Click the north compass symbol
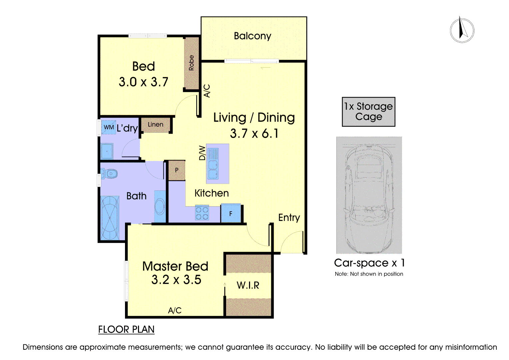462,30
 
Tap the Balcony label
252,36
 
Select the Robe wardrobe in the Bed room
191,63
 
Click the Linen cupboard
156,125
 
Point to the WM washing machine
108,127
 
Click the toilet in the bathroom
109,174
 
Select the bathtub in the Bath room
110,218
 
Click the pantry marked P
177,170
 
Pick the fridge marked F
231,213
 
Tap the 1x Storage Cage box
369,112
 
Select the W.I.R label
248,285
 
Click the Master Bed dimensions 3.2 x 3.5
176,280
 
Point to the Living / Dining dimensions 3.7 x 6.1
254,133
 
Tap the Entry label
289,218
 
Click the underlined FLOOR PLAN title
126,330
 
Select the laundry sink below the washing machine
107,151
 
